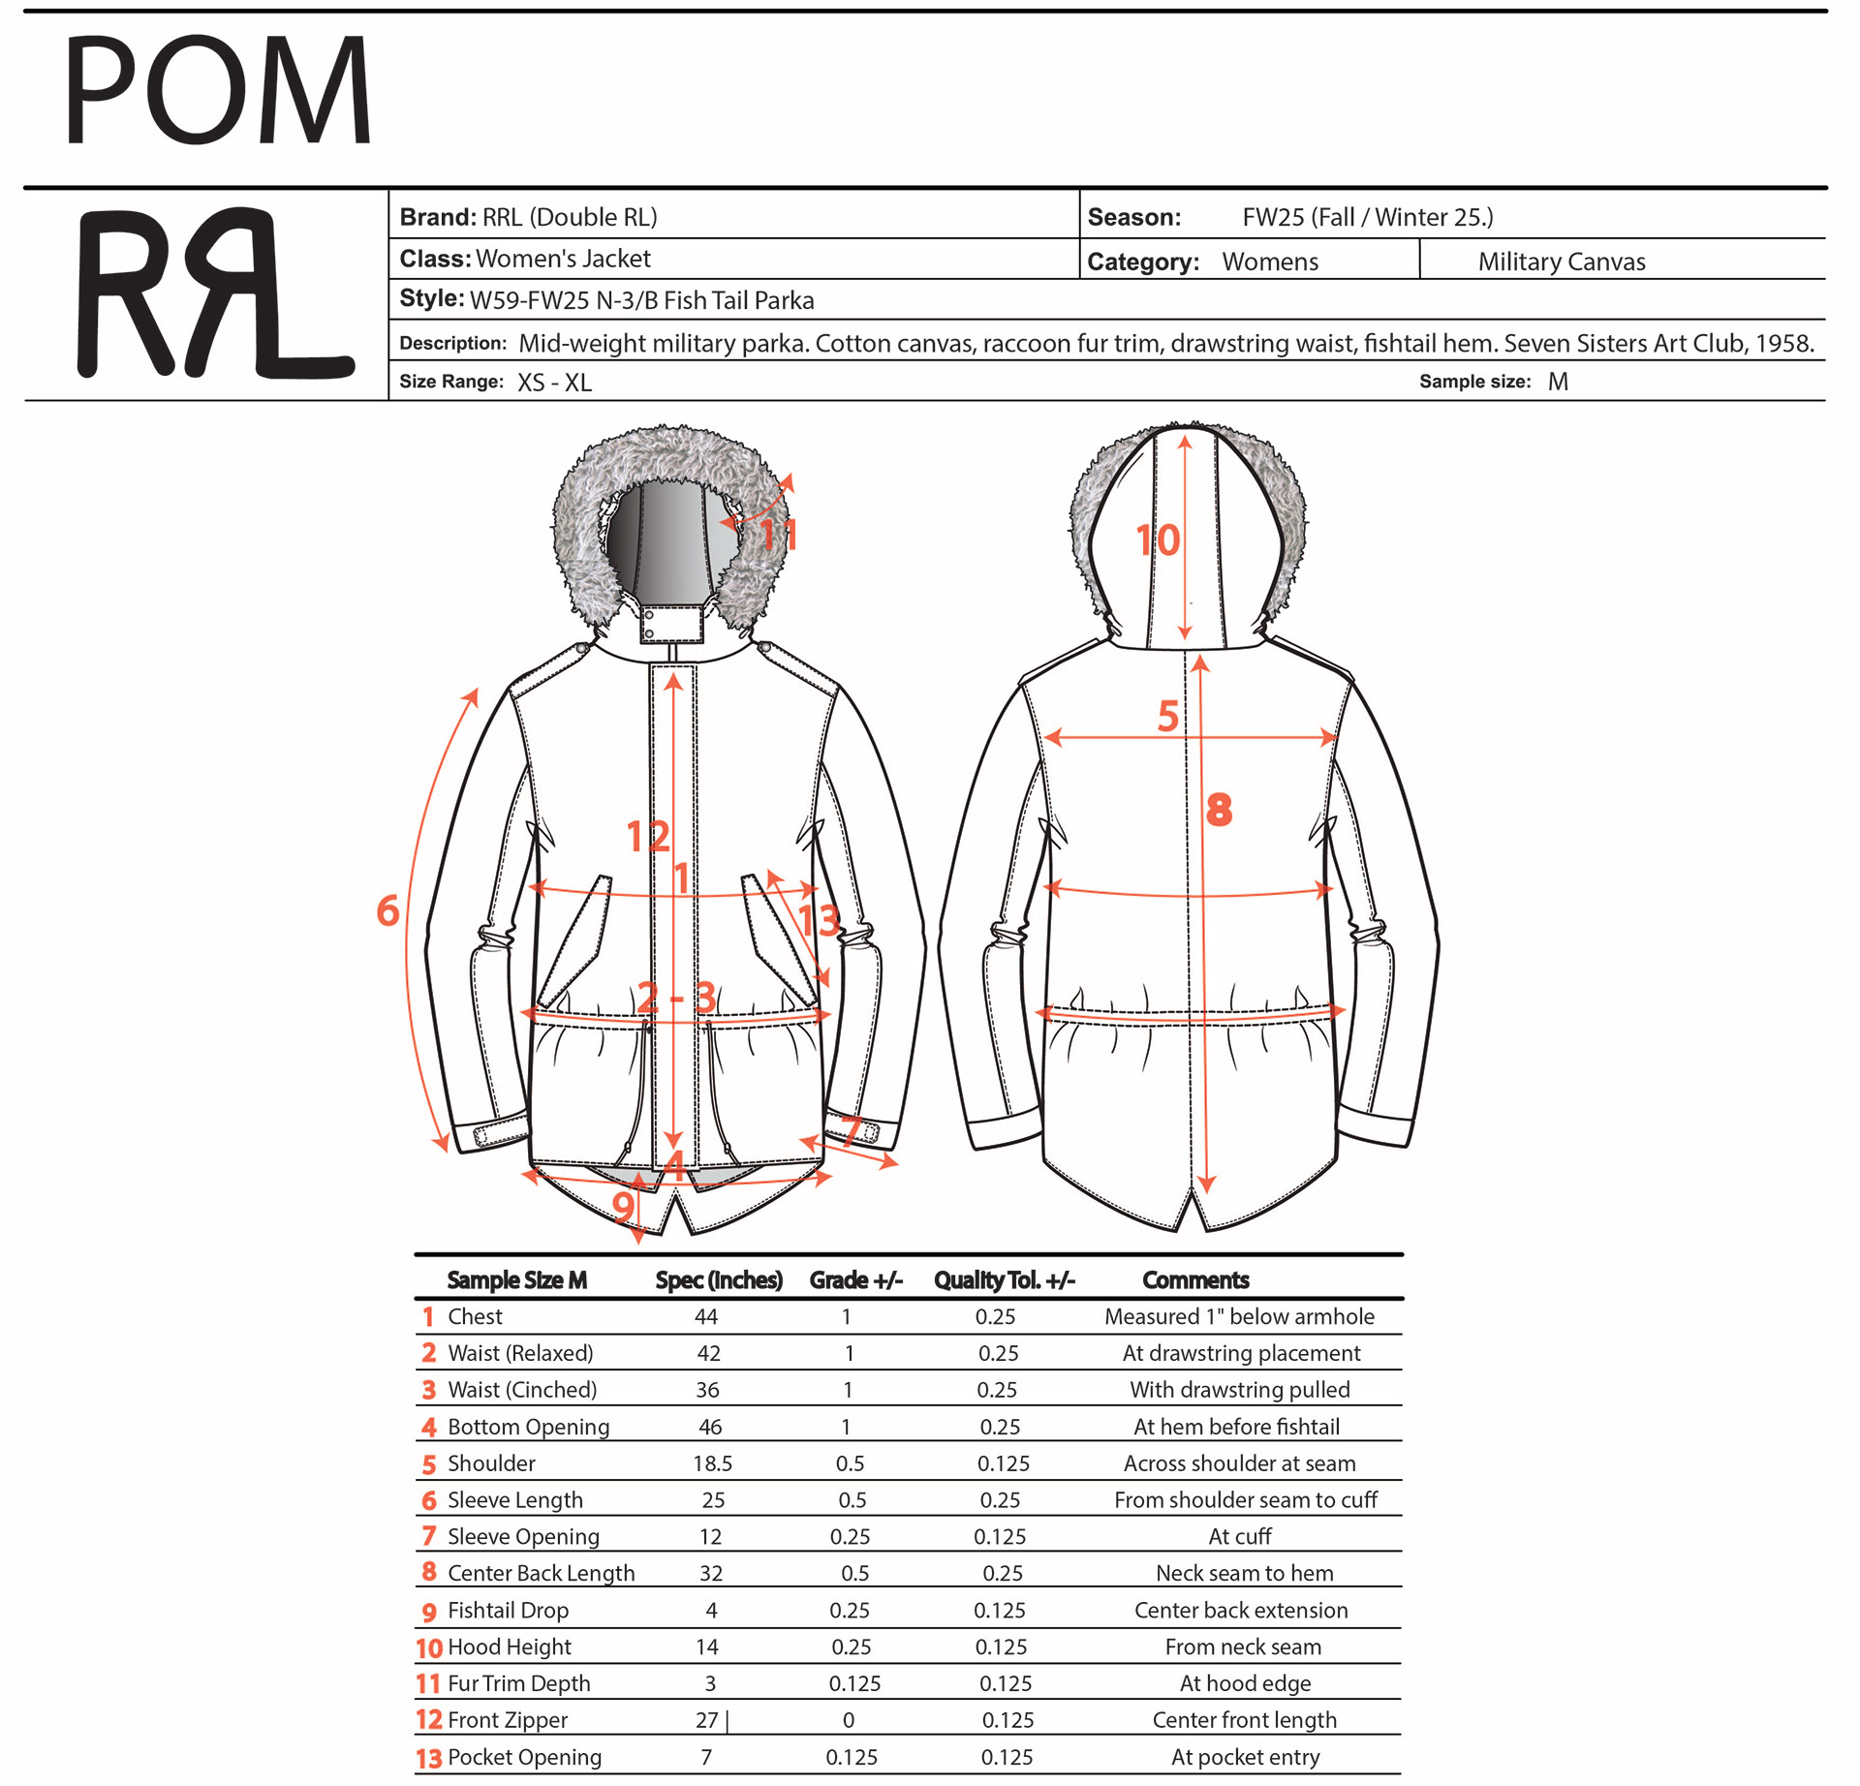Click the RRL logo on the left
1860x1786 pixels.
point(215,293)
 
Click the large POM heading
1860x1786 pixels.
point(217,91)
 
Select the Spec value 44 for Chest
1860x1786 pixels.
point(706,1316)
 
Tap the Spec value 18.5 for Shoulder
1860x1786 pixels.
point(712,1463)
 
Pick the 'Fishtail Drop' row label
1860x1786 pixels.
point(508,1610)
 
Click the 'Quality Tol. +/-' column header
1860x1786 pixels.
point(1004,1279)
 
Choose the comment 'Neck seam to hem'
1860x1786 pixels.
point(1244,1573)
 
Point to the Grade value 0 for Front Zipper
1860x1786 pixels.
point(849,1720)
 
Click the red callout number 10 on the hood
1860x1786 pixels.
point(1158,540)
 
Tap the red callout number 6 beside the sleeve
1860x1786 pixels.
point(388,910)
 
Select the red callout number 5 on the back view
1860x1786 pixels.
point(1168,717)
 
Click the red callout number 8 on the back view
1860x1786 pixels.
point(1219,810)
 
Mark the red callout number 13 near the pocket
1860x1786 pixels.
point(819,920)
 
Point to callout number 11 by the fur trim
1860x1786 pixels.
point(778,535)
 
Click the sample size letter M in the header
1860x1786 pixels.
point(1558,382)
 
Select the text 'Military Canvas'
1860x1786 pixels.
point(1562,262)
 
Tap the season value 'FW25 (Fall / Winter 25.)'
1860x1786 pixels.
point(1368,217)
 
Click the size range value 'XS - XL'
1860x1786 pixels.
point(554,383)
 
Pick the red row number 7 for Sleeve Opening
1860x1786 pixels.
point(429,1536)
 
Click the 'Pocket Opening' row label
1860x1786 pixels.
point(524,1757)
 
